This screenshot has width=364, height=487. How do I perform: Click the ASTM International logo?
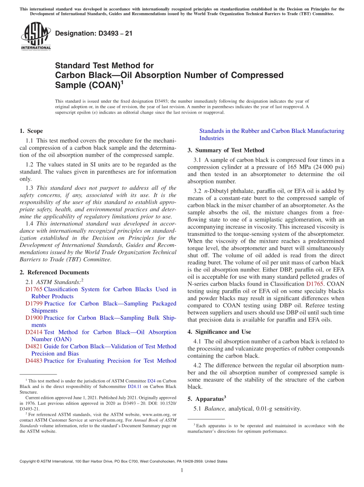click(x=36, y=36)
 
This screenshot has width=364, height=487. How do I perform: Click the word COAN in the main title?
click(x=104, y=85)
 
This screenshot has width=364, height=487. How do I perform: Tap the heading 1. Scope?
click(x=31, y=131)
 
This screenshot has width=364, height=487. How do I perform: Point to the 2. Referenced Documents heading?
click(x=54, y=272)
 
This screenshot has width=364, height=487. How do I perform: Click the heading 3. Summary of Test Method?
click(x=226, y=150)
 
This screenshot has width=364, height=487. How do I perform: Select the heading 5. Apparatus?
click(x=209, y=399)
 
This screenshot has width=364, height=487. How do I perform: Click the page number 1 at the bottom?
click(x=182, y=470)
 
